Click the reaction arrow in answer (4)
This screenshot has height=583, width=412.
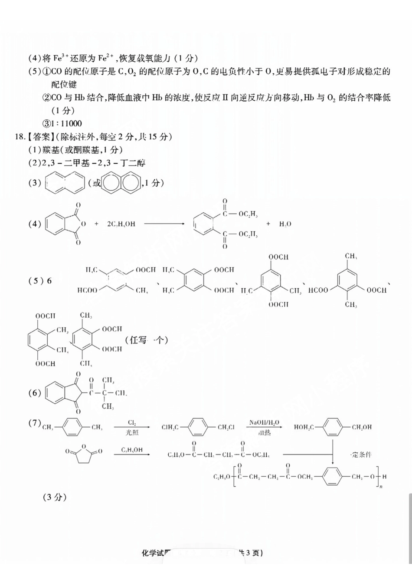(164, 224)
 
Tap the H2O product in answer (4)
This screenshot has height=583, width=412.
(285, 224)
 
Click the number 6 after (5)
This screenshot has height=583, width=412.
(49, 280)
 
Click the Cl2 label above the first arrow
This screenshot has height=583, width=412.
(132, 422)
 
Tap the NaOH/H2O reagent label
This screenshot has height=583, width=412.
(264, 422)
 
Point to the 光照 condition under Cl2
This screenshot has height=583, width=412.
(132, 433)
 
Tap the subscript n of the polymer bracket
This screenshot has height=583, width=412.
(381, 487)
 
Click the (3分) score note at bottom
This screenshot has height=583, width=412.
(55, 497)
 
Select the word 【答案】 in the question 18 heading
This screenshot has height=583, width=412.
(39, 137)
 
